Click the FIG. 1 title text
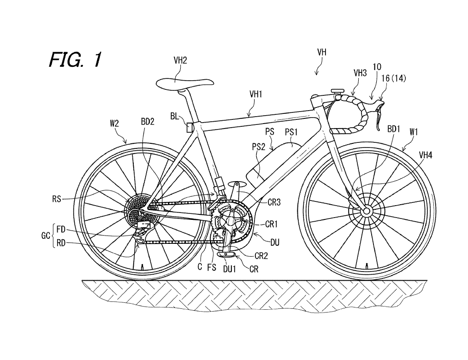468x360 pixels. [75, 59]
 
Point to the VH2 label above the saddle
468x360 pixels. [180, 60]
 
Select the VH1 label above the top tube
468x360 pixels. [256, 94]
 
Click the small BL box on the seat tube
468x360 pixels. [190, 128]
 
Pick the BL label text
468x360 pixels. [175, 116]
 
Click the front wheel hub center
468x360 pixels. [366, 212]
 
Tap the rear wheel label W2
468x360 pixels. [114, 123]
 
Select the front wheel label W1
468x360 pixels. [414, 131]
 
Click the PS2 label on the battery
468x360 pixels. [259, 147]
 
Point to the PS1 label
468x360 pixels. [291, 131]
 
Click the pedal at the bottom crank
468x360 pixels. [227, 254]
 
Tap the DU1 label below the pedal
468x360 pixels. [229, 269]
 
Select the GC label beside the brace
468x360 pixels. [45, 236]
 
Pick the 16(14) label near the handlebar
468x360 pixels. [394, 78]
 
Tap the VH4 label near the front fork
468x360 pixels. [426, 155]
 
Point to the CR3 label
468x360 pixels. [274, 202]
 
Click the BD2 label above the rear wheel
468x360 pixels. [148, 121]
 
